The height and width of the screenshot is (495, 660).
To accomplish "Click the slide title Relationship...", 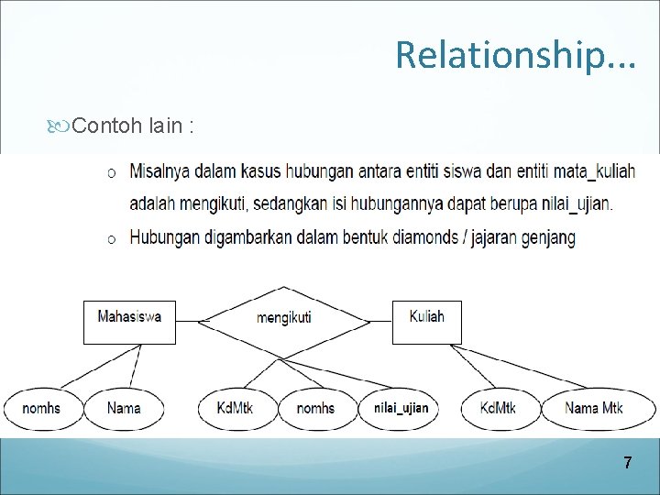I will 515,55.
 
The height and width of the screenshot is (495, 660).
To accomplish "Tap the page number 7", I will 627,463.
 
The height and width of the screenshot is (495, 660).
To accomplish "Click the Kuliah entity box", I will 426,321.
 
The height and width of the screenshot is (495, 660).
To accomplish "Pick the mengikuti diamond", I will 284,319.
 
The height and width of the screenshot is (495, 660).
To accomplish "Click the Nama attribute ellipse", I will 124,408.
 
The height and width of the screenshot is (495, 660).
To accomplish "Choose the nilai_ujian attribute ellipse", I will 401,408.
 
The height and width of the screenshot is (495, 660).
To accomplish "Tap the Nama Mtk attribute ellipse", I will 594,408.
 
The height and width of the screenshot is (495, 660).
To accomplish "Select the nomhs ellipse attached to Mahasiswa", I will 42,408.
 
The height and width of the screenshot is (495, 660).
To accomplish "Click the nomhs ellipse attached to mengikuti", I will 315,408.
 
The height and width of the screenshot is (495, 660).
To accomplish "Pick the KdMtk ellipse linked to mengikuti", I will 236,408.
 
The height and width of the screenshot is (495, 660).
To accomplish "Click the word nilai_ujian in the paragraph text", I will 572,203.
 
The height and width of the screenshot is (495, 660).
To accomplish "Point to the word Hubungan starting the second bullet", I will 160,237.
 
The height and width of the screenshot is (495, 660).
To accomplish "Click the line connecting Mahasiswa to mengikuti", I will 187,322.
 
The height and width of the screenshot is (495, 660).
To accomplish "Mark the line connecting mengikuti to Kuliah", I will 380,322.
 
